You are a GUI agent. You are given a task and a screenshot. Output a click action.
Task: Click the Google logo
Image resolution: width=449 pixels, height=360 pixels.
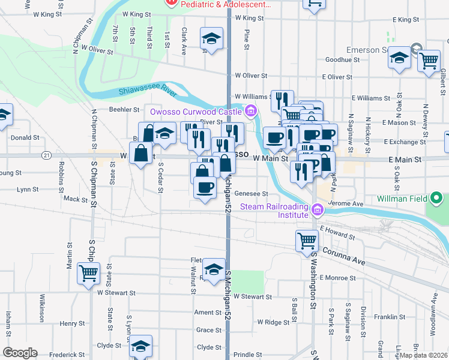click(x=20, y=353)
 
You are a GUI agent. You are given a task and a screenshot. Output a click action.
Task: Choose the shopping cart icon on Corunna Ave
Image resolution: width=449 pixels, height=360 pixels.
click(x=307, y=240)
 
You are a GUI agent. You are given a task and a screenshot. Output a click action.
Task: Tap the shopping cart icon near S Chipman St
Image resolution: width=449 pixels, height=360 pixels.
click(x=89, y=273)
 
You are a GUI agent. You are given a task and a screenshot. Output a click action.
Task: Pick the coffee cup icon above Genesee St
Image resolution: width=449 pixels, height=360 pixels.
click(x=204, y=187)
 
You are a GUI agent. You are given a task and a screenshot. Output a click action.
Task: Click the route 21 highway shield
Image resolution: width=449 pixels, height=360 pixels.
click(x=46, y=155)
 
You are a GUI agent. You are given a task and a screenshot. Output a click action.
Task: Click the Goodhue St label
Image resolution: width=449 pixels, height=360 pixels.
click(x=342, y=60)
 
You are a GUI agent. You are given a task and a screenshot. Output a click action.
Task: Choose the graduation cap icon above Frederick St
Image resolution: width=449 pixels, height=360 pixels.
click(x=140, y=346)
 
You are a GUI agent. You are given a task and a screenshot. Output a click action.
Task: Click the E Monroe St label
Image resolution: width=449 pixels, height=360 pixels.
click(x=337, y=278)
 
